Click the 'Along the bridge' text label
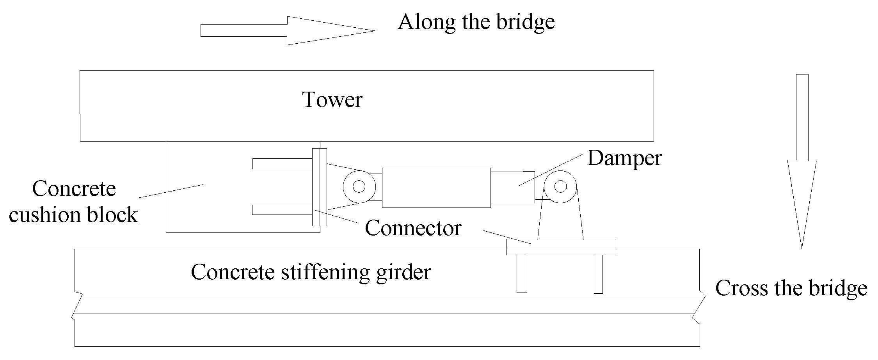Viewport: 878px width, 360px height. point(476,22)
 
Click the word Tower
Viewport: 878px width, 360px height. point(332,99)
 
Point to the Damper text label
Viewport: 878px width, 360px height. point(624,158)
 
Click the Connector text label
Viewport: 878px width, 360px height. point(413,228)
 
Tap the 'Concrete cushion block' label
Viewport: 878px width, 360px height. point(73,202)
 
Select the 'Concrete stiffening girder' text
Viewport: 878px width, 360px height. point(311,272)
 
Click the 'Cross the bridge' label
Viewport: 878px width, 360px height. point(791,289)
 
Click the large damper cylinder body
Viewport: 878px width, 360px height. point(436,188)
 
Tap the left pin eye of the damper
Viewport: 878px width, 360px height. point(359,186)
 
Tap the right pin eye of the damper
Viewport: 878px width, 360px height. point(560,186)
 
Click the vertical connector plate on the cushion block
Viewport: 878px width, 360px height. point(319,187)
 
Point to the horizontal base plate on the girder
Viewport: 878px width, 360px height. point(561,247)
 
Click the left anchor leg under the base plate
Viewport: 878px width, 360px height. point(522,273)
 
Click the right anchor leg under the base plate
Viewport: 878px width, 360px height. point(598,273)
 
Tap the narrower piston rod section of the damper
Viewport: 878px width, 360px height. point(512,187)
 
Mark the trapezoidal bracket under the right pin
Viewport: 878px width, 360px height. point(560,222)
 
